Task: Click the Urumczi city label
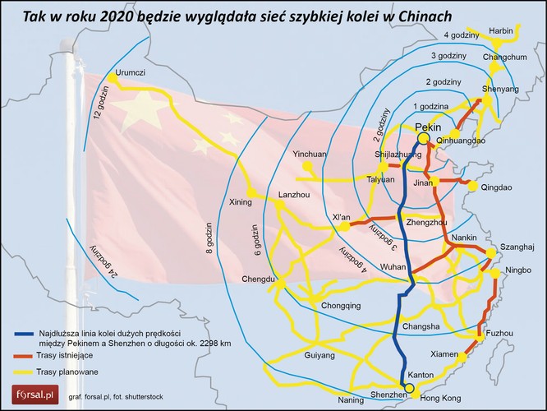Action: pyautogui.click(x=131, y=72)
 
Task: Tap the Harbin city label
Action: pyautogui.click(x=500, y=30)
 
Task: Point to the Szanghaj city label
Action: pyautogui.click(x=517, y=247)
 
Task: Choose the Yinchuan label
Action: pyautogui.click(x=310, y=154)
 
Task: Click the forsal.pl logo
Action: pyautogui.click(x=29, y=396)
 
